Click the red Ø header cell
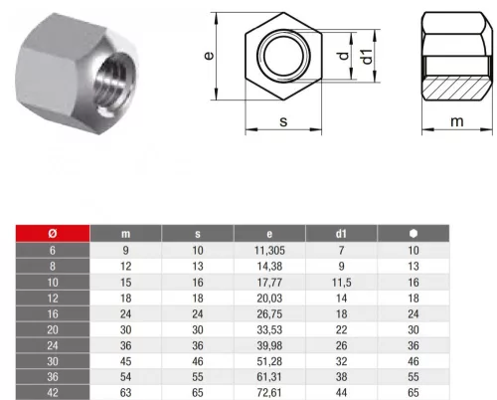pos(53,234)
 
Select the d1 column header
pos(341,234)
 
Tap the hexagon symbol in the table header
pos(414,234)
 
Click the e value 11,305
pos(269,251)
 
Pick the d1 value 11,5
pos(342,283)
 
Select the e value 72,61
pos(269,393)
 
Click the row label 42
pos(53,393)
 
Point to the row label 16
pos(53,314)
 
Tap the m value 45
pos(125,361)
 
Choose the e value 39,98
pos(269,345)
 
